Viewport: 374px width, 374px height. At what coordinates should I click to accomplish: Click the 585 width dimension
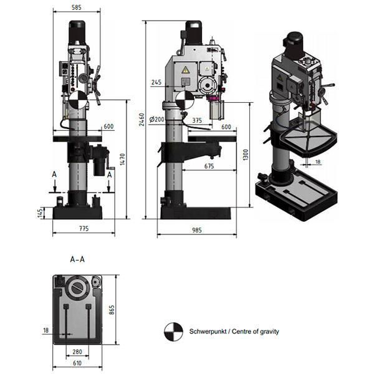coord(77,8)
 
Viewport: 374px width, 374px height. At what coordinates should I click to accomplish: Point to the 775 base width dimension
coord(83,229)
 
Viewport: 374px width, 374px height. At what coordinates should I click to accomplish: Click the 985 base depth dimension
coord(197,230)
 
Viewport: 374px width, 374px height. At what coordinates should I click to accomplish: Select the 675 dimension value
coord(209,166)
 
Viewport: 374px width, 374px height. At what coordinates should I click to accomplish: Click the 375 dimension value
coord(197,120)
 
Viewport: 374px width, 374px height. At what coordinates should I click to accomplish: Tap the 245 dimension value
coord(156,82)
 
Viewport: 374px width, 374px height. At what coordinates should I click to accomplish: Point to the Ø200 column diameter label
coord(157,120)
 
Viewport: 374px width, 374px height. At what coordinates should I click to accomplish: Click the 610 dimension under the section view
coord(77,363)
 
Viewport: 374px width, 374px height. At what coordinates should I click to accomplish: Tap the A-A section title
coord(77,258)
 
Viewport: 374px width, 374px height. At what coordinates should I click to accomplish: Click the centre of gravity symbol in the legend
coord(170,332)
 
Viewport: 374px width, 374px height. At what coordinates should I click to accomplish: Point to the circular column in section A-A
coord(78,289)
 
